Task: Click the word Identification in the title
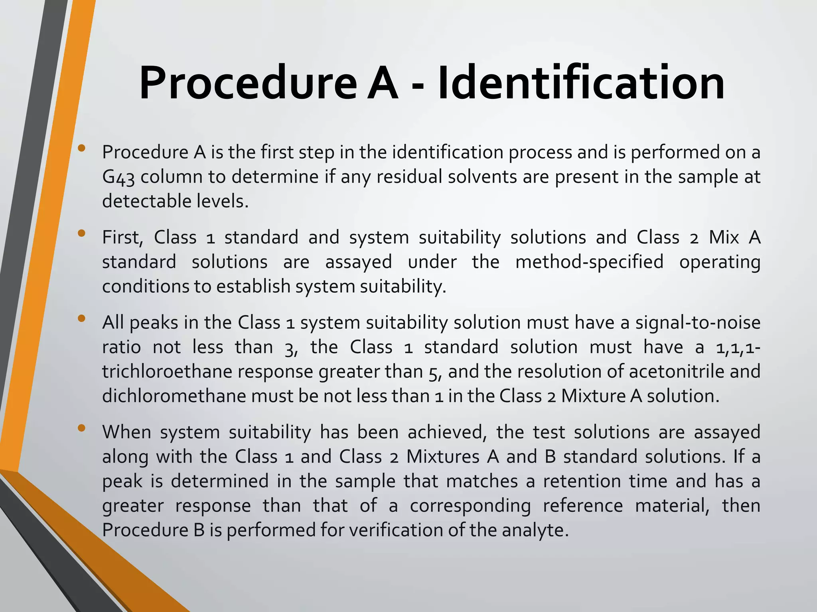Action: [x=581, y=83]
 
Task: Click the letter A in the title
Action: [x=382, y=83]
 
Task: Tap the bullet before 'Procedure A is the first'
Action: [x=82, y=148]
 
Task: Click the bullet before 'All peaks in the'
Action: [x=82, y=318]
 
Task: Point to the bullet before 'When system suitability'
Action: [x=82, y=428]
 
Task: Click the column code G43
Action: [x=118, y=177]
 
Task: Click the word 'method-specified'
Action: [x=589, y=262]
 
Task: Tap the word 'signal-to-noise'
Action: [x=698, y=322]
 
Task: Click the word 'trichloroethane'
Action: [x=167, y=372]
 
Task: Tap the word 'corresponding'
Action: [x=470, y=506]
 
